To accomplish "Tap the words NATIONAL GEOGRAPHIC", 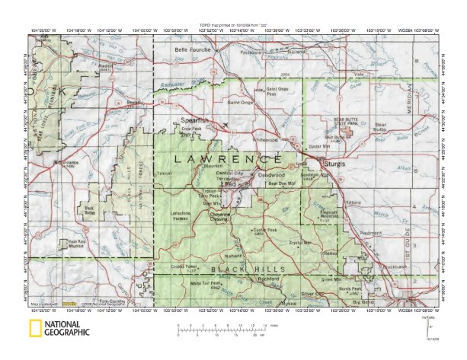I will (67, 330).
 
